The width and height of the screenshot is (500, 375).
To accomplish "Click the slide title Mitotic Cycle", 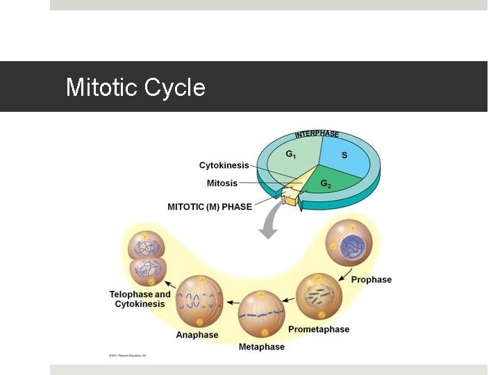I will pos(135,87).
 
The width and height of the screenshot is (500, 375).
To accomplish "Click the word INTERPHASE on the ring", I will pos(317,133).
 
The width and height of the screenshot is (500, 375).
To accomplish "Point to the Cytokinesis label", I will pos(224,165).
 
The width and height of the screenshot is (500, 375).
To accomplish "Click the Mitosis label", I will pos(222,183).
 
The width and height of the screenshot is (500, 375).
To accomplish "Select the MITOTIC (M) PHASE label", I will pos(210,206).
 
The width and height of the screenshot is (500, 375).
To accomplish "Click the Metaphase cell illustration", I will pos(261,315).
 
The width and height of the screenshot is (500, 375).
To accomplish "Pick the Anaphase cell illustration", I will pos(199,301).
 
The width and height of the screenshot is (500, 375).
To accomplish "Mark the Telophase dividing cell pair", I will pos(147,259).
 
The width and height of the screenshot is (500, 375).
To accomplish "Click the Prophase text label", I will pos(371,280).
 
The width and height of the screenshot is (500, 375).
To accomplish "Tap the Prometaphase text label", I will pos(319,329).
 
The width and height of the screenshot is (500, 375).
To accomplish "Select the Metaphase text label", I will pos(261,347).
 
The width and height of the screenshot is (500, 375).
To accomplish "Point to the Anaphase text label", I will pos(197,335).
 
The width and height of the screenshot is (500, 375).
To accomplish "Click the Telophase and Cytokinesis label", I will pos(140,299).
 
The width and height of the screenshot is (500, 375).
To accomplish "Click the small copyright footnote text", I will pos(128,355).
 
